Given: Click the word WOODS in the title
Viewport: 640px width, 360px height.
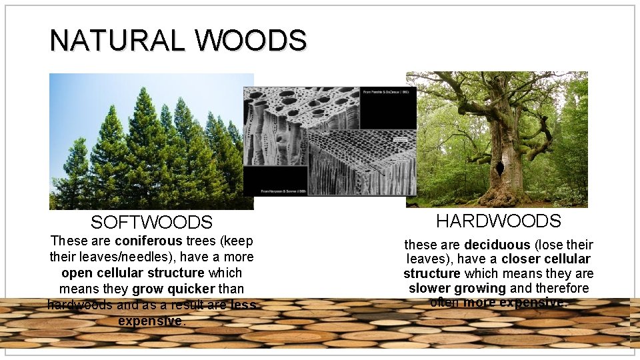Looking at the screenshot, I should point(251,41).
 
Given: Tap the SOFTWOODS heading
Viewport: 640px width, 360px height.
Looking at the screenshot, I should point(151,223).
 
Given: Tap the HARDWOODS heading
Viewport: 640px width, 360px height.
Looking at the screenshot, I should point(499,221).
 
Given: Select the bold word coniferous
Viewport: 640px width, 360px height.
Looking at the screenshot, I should point(148,241).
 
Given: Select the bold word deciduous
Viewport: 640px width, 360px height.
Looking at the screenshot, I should point(497,245).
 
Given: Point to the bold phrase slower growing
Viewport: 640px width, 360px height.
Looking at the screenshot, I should point(457,289).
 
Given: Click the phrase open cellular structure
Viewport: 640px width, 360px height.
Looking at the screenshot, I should point(133,273).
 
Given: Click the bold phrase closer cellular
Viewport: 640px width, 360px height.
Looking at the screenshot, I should point(546,259).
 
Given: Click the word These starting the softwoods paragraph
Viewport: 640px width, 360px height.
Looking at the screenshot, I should point(67,241).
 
